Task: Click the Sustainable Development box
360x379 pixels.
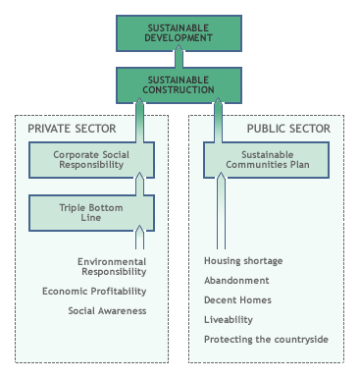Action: click(180, 32)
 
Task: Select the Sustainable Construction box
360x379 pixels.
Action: click(180, 84)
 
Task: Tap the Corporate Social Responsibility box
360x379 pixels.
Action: click(90, 160)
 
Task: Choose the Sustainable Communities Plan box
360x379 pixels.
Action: click(266, 160)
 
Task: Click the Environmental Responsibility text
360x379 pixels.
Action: click(112, 267)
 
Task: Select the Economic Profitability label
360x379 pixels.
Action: click(94, 291)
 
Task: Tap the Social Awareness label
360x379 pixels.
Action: click(107, 310)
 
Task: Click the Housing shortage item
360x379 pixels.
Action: click(242, 261)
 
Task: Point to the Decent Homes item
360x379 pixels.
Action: click(237, 299)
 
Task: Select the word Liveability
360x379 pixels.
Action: click(229, 319)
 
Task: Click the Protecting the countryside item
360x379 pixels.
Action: click(266, 339)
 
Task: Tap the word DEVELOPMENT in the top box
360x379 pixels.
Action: click(180, 38)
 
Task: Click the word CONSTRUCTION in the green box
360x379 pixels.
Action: click(180, 90)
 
